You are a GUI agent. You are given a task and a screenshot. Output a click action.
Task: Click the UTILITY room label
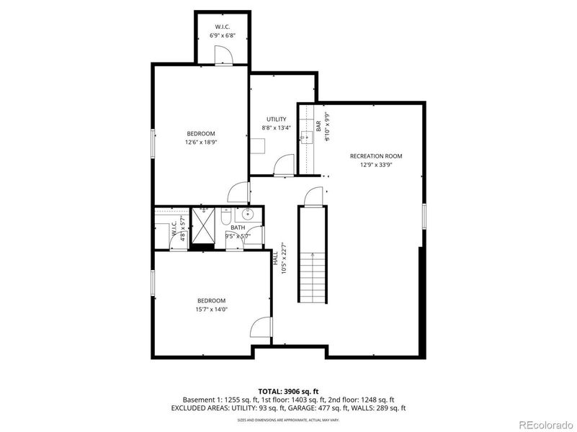[x=277, y=120]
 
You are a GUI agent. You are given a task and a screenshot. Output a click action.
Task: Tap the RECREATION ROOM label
[x=376, y=156]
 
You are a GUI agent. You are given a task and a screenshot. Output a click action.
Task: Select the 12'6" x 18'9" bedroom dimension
[x=201, y=143]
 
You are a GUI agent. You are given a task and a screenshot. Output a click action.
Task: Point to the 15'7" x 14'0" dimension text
[x=212, y=310]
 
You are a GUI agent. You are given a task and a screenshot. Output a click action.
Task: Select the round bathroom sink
[x=248, y=215]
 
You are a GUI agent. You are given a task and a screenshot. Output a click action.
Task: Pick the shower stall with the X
[x=203, y=227]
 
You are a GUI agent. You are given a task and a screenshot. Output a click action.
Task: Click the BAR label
[x=318, y=125]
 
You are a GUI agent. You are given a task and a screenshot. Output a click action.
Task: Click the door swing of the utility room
[x=283, y=165]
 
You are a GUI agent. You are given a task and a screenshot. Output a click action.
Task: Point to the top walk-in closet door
[x=224, y=54]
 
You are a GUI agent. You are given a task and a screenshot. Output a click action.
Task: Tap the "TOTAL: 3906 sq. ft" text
[x=288, y=391]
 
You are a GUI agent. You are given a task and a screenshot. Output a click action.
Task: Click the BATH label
[x=238, y=228]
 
